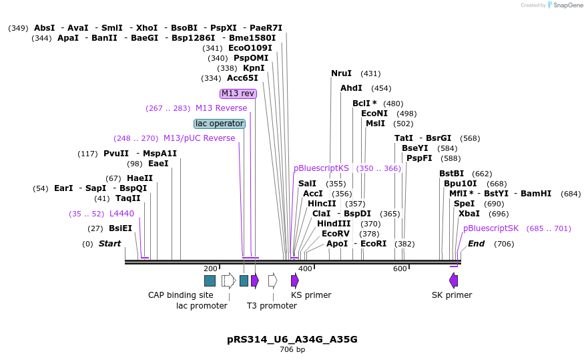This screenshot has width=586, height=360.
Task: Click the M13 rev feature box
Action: (x=238, y=94)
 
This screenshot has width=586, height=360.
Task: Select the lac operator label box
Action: (x=220, y=124)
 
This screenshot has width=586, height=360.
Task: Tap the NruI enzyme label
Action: (x=341, y=73)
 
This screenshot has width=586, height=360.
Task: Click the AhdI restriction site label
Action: (x=351, y=88)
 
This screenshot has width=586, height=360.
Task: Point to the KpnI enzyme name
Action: (x=254, y=68)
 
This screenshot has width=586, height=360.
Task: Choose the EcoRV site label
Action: (x=336, y=234)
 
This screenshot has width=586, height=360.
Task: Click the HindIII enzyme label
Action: (x=334, y=224)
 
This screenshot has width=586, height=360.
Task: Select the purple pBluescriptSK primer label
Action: (x=491, y=228)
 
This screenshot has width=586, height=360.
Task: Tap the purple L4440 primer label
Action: (x=121, y=214)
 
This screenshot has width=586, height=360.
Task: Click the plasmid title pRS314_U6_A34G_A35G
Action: (x=292, y=339)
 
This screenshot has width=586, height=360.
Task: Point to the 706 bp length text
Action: (x=292, y=349)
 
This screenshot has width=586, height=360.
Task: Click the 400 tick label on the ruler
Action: (x=305, y=268)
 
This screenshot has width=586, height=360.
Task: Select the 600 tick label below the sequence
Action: (x=399, y=268)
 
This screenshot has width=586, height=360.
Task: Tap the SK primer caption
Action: (x=452, y=295)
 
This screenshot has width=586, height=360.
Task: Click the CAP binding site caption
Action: (x=181, y=295)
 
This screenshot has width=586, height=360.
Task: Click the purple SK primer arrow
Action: (x=453, y=281)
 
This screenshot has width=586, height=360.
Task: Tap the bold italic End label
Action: (x=476, y=244)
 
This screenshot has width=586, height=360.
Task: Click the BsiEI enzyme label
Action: (x=120, y=228)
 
